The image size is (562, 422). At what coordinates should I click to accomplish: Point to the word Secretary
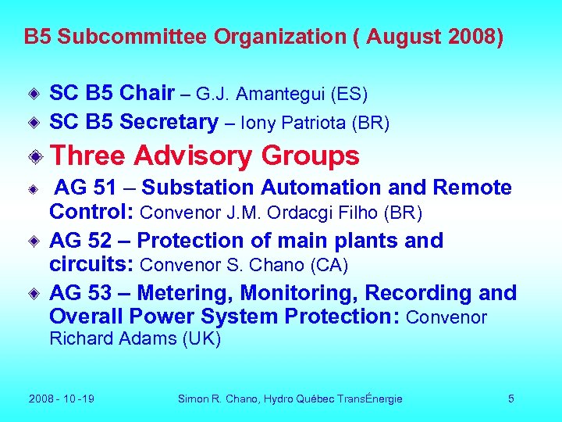[169, 122]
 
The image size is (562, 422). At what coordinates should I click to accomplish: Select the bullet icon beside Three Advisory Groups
[34, 156]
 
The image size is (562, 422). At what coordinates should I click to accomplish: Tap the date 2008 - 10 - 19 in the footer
[62, 399]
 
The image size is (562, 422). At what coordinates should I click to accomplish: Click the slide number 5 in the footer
[511, 399]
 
